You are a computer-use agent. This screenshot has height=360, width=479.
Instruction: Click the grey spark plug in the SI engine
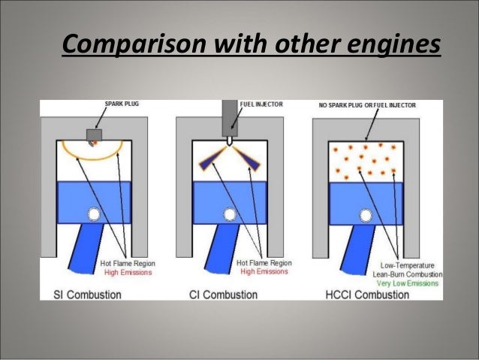click(94, 136)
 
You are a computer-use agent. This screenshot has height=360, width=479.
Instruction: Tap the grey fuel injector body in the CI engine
click(229, 119)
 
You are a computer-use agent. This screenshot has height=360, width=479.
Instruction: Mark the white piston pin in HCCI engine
click(365, 215)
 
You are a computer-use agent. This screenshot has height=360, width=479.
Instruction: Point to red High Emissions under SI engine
click(126, 273)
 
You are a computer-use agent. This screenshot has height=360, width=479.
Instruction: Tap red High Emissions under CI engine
click(262, 273)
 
